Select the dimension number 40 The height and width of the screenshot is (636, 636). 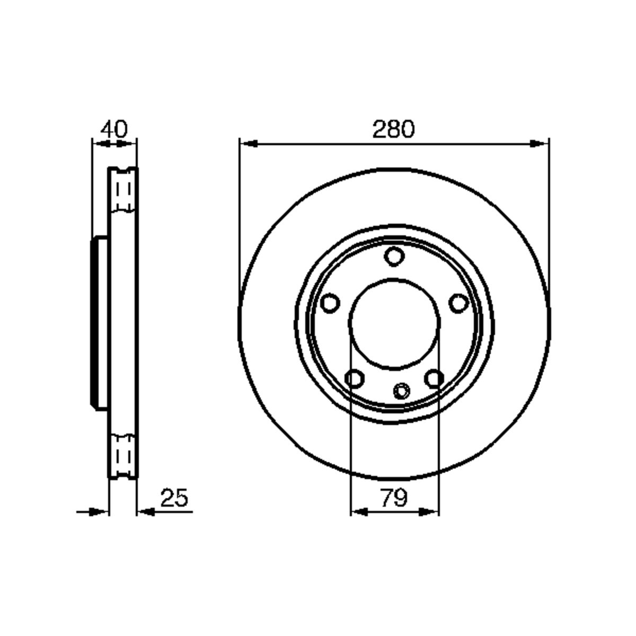click(114, 129)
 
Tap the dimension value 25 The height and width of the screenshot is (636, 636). click(174, 498)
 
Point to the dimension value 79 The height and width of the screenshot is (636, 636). click(394, 498)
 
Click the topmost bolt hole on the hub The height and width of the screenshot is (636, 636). click(393, 257)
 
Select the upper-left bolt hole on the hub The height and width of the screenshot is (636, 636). click(330, 304)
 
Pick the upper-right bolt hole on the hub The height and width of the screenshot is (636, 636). click(457, 303)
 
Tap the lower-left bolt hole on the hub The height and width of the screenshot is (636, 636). click(354, 379)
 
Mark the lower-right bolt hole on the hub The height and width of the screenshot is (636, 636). click(434, 378)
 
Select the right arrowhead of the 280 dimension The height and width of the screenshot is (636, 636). click(540, 143)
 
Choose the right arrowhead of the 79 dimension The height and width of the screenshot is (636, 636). click(430, 511)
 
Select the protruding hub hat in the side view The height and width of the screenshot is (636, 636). click(100, 323)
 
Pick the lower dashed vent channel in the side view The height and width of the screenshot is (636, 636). click(123, 455)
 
